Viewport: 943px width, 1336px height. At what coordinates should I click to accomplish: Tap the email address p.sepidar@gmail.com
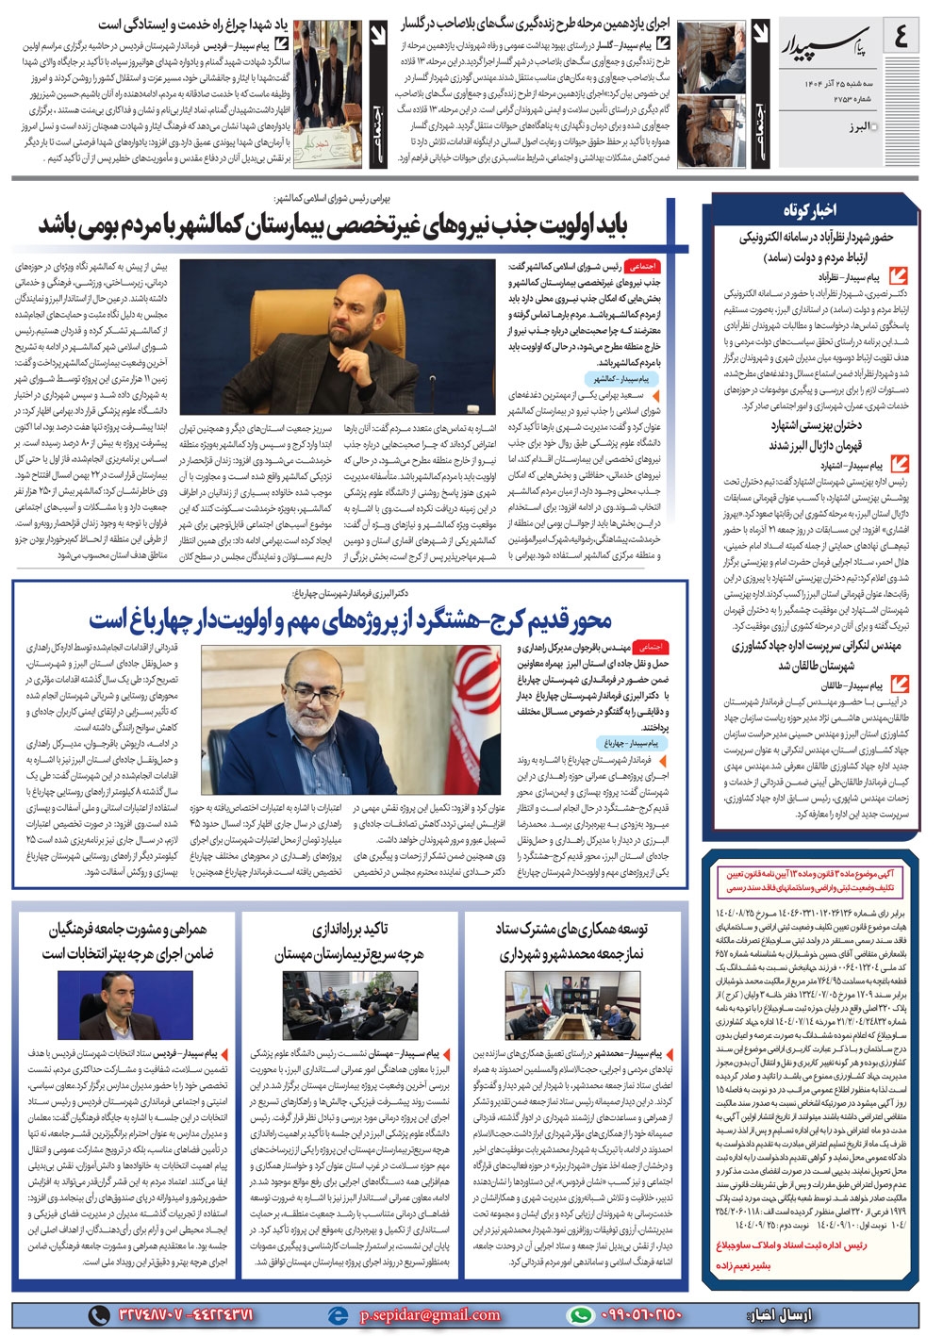(430, 1314)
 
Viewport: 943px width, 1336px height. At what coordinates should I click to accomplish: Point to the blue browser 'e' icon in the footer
(337, 1314)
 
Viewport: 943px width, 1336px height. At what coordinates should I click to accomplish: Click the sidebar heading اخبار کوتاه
(808, 209)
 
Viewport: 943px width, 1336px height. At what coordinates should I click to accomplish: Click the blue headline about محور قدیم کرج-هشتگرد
(351, 619)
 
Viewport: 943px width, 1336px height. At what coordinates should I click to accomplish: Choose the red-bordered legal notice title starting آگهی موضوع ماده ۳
(811, 882)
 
